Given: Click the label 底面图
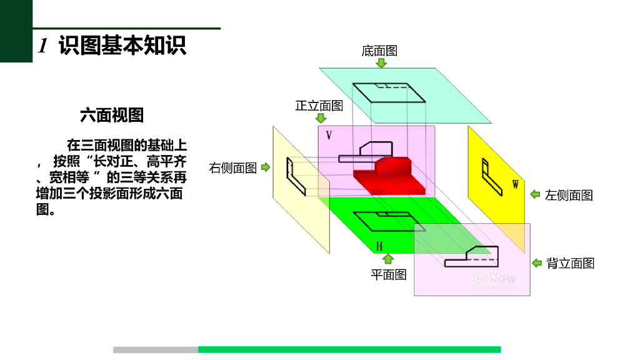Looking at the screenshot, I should [379, 51].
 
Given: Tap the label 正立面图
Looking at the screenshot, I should [319, 106].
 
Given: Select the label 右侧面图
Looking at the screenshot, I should [232, 167].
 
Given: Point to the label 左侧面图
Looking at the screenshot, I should [569, 195].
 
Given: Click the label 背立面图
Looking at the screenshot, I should [570, 263].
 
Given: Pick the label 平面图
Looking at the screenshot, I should [388, 274].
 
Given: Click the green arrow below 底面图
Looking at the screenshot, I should [381, 63].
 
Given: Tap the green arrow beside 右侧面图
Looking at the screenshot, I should [266, 167].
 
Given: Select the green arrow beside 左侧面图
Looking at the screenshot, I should [535, 194].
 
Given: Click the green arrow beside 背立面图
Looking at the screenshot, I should [536, 263].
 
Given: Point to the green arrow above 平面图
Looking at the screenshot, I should [388, 259].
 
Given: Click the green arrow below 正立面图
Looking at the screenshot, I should [321, 118].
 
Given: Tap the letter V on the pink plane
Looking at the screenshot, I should [329, 135].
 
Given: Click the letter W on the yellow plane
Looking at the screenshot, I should [516, 184].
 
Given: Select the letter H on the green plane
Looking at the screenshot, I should [379, 246].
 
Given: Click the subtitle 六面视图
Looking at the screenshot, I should [112, 115].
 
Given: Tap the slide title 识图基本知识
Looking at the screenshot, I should [122, 46].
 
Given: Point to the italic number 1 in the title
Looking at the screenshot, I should [43, 46].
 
